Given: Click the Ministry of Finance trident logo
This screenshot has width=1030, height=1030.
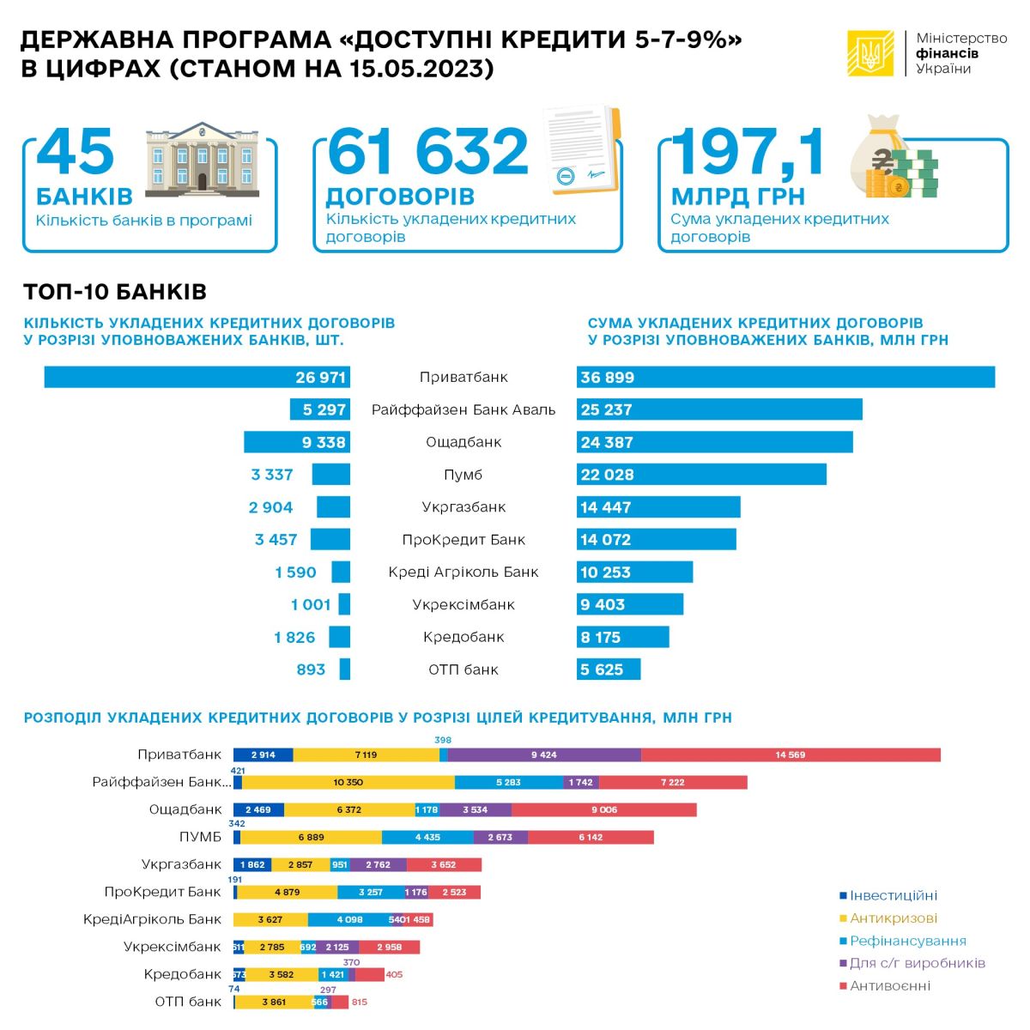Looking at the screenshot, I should (870, 53).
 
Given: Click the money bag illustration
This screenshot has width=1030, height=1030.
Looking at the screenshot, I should (893, 158).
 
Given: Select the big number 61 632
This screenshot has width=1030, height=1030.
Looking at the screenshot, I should (427, 153).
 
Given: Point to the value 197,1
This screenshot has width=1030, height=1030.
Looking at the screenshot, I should (748, 153).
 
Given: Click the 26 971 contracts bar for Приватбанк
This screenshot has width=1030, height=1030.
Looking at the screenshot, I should (197, 377).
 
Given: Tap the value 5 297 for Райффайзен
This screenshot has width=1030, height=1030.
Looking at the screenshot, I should (324, 409).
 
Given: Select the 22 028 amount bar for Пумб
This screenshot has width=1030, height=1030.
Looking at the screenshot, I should (701, 475).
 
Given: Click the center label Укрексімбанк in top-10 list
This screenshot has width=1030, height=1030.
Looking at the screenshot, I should (463, 604).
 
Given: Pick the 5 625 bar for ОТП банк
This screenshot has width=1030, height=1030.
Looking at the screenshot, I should (609, 669).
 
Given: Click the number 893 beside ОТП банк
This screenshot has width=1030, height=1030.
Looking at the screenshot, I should (311, 669).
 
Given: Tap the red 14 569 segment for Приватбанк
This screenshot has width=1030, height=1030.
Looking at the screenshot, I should (791, 754).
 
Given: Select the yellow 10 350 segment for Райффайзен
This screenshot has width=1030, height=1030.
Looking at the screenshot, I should (348, 782).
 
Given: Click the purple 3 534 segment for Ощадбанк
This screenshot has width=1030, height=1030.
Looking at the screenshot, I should (476, 809).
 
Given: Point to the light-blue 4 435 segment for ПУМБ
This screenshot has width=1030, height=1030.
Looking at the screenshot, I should (427, 837).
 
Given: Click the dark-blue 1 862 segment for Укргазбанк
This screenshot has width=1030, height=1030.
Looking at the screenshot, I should (253, 864).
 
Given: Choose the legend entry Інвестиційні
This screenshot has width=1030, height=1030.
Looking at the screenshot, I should (893, 895).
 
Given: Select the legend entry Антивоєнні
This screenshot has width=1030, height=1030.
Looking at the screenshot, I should (889, 985).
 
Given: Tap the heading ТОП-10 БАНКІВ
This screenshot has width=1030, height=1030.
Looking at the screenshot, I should (115, 292).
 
